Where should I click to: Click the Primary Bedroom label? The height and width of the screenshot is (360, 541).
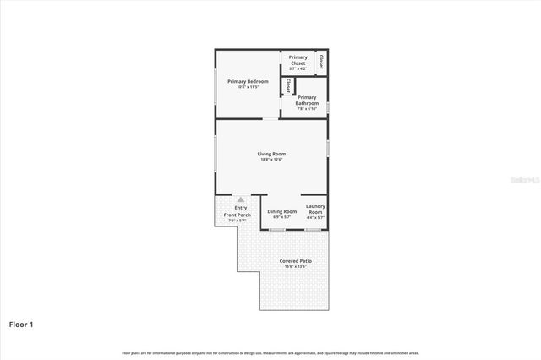pyautogui.click(x=248, y=81)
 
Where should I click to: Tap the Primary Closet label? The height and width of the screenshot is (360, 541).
pyautogui.click(x=298, y=60)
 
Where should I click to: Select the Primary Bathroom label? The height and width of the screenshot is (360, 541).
pyautogui.click(x=307, y=101)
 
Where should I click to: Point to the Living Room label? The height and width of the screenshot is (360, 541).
pyautogui.click(x=271, y=154)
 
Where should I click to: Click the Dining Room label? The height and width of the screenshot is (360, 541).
pyautogui.click(x=282, y=210)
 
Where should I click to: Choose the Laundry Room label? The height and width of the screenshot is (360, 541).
pyautogui.click(x=315, y=209)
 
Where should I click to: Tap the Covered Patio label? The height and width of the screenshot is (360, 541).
pyautogui.click(x=296, y=261)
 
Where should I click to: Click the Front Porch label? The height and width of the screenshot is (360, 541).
pyautogui.click(x=238, y=215)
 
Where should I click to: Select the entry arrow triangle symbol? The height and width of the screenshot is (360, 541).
pyautogui.click(x=240, y=199)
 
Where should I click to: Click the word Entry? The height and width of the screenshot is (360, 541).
pyautogui.click(x=241, y=208)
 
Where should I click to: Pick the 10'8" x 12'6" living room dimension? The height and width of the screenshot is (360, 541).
pyautogui.click(x=271, y=161)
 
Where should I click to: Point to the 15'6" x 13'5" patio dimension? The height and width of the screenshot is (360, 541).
pyautogui.click(x=296, y=267)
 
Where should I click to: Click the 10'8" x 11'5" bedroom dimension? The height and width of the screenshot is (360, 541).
pyautogui.click(x=248, y=87)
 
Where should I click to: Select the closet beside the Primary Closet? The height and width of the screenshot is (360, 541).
pyautogui.click(x=321, y=62)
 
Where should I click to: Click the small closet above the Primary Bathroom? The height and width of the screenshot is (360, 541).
pyautogui.click(x=288, y=85)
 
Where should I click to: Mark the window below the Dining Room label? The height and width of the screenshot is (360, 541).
pyautogui.click(x=276, y=229)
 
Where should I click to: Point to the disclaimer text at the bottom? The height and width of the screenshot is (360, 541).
pyautogui.click(x=270, y=352)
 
